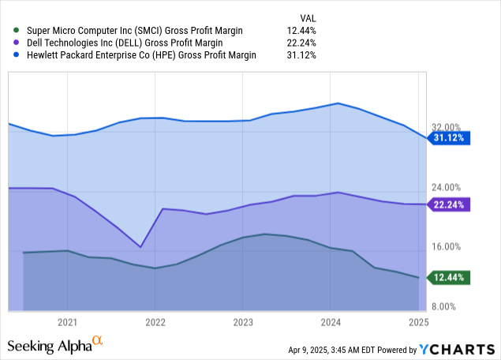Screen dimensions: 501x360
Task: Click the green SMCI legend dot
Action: (16, 30)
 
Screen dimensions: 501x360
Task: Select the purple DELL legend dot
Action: (16, 43)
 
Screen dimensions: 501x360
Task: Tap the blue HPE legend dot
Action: (16, 54)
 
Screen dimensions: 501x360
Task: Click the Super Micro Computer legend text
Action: (134, 31)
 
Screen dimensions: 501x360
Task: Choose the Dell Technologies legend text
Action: (125, 43)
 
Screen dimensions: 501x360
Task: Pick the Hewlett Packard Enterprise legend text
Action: (141, 55)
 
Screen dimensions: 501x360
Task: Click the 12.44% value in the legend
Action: (301, 31)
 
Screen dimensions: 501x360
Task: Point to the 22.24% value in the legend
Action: (301, 43)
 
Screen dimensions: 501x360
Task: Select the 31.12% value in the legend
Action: (301, 55)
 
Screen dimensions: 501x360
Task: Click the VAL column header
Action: (308, 18)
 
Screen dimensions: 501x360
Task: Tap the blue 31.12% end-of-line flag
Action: (449, 138)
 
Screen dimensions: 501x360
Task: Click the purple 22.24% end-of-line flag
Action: (449, 204)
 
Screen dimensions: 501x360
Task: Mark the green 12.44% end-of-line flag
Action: (449, 277)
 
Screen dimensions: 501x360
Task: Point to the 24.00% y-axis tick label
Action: (446, 187)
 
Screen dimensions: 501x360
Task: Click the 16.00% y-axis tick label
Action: (446, 247)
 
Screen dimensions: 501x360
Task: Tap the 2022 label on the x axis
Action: (155, 322)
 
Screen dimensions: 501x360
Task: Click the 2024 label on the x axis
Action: (331, 322)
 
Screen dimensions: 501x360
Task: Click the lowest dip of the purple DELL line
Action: (140, 247)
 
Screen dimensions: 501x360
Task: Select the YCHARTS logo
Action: (457, 350)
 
